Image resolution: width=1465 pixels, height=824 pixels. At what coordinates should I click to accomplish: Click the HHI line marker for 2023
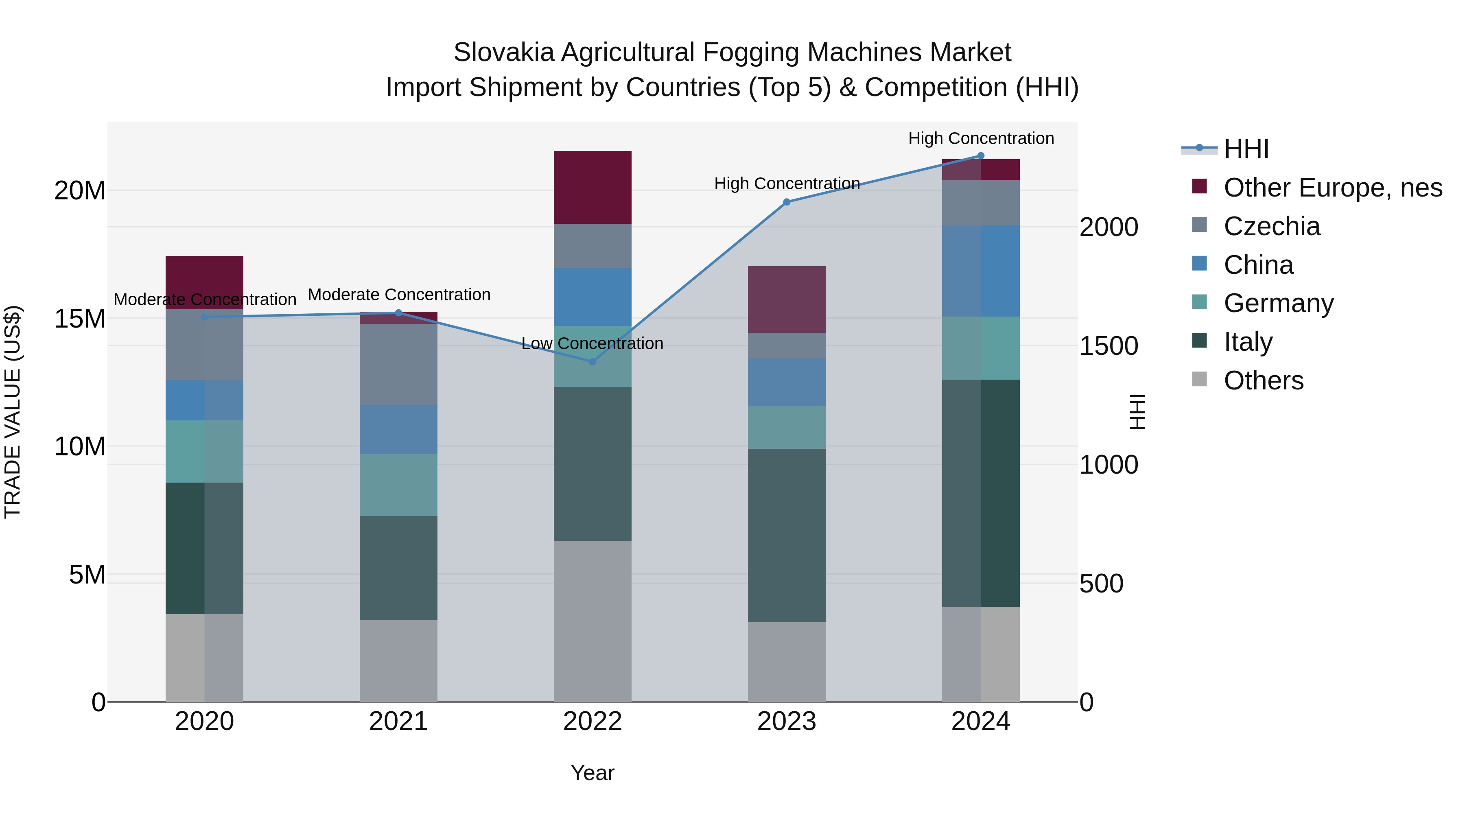coord(787,202)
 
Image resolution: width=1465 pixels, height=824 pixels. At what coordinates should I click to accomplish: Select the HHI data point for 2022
coord(592,362)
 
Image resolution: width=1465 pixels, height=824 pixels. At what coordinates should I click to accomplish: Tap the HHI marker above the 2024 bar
coord(980,156)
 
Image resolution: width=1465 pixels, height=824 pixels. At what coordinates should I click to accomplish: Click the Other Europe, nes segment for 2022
coord(592,187)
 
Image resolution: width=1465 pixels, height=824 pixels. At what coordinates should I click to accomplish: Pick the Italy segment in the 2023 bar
coord(787,535)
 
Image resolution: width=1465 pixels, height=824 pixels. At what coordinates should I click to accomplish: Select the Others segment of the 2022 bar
coord(592,621)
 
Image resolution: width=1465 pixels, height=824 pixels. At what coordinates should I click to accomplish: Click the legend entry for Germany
coord(1279,303)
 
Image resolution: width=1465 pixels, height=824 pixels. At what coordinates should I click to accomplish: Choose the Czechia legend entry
coord(1272,226)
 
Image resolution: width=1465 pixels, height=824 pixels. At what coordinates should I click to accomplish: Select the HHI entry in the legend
coord(1246,149)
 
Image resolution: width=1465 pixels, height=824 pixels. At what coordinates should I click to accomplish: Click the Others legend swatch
coord(1199,379)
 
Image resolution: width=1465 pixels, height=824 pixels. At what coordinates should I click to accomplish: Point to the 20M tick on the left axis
coord(80,190)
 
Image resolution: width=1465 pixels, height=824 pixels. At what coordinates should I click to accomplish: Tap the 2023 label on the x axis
coord(787,721)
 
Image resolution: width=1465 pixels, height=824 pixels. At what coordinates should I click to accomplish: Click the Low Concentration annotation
coord(592,343)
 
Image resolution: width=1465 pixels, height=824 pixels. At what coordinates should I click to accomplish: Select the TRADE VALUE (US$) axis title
coord(13,412)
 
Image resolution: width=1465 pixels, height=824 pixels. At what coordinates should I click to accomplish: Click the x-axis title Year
coord(592,773)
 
